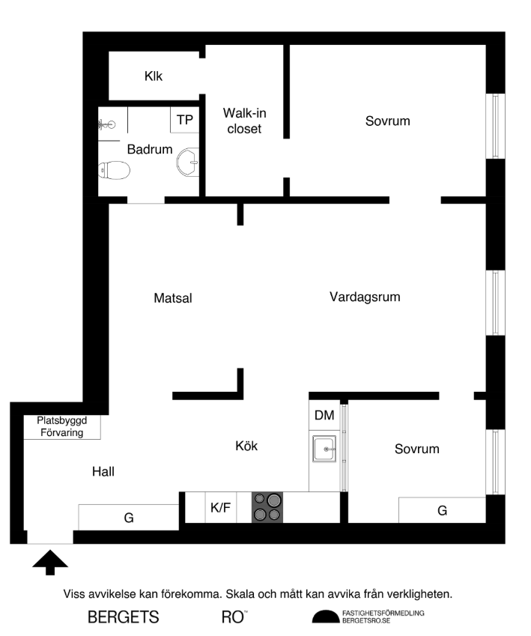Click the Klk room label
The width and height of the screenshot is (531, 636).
coord(154,76)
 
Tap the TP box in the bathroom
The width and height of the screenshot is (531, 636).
coord(184,119)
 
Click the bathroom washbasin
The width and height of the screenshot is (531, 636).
coord(188,160)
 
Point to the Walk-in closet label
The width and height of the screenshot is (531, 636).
coord(244,121)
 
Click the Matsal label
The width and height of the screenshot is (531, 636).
coord(173,298)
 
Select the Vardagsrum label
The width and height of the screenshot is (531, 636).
coord(365,297)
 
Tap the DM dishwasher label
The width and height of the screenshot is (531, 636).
coord(324,416)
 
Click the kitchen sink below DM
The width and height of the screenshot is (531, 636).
coord(325,449)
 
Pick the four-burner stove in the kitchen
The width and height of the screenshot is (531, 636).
coord(267,507)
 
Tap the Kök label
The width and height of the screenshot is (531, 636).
coord(246,446)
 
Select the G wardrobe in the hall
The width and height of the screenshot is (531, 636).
coord(128,517)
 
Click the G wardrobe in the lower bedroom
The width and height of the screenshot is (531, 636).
coord(442,510)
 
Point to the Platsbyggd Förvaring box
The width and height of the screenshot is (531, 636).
coord(61,427)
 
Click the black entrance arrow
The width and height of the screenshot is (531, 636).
coord(50,561)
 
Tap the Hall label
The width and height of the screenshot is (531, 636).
coord(103,472)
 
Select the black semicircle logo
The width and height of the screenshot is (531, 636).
coord(325,617)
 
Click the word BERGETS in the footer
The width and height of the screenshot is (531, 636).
coord(124,617)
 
